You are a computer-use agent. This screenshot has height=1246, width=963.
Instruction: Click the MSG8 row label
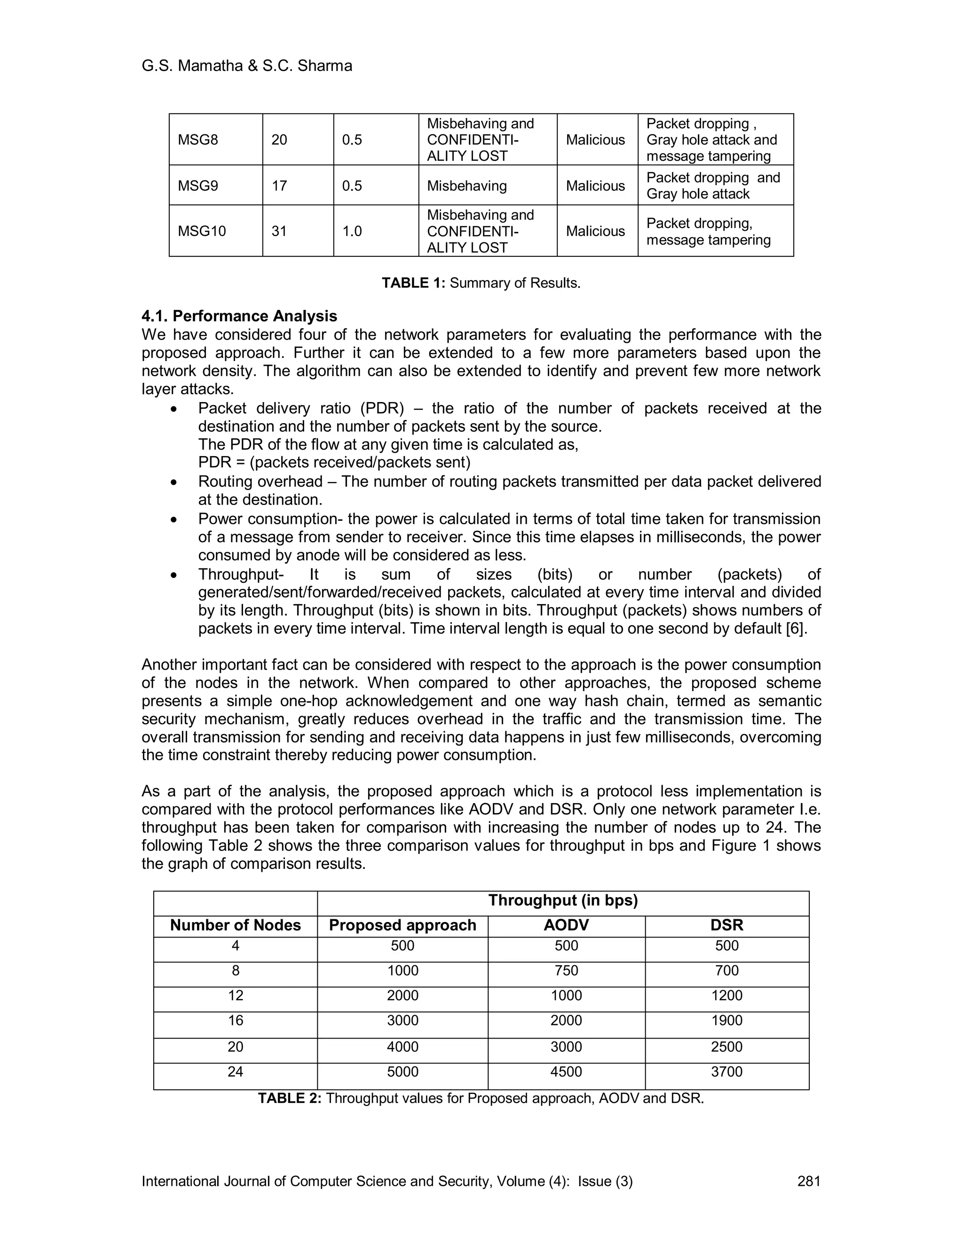[x=198, y=140]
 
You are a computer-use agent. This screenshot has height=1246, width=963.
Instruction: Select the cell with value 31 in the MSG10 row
[x=279, y=231]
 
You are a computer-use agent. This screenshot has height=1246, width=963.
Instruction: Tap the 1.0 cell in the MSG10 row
[x=352, y=231]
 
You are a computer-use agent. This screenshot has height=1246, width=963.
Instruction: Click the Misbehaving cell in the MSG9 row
[x=466, y=186]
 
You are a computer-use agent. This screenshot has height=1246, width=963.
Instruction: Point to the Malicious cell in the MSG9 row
[x=595, y=186]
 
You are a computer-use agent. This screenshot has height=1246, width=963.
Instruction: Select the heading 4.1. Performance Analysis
[x=239, y=316]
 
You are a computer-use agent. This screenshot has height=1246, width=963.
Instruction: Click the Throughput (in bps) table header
[x=562, y=900]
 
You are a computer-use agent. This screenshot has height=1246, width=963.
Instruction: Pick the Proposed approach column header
[x=402, y=925]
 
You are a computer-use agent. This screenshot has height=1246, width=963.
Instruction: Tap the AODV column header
[x=566, y=925]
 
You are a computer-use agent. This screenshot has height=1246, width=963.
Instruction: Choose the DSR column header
[x=727, y=925]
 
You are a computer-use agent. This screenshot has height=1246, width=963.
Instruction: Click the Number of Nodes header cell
[x=235, y=925]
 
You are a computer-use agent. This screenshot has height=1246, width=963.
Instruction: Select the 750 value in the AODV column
[x=566, y=970]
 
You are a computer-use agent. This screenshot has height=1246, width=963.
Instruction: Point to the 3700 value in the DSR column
[x=727, y=1072]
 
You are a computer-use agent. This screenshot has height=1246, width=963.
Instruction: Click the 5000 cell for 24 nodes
[x=402, y=1072]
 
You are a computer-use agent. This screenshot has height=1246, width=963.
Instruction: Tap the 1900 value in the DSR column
[x=727, y=1020]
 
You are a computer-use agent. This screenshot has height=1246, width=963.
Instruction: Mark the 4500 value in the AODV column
[x=566, y=1072]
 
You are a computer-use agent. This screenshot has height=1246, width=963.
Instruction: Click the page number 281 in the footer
[x=808, y=1181]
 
